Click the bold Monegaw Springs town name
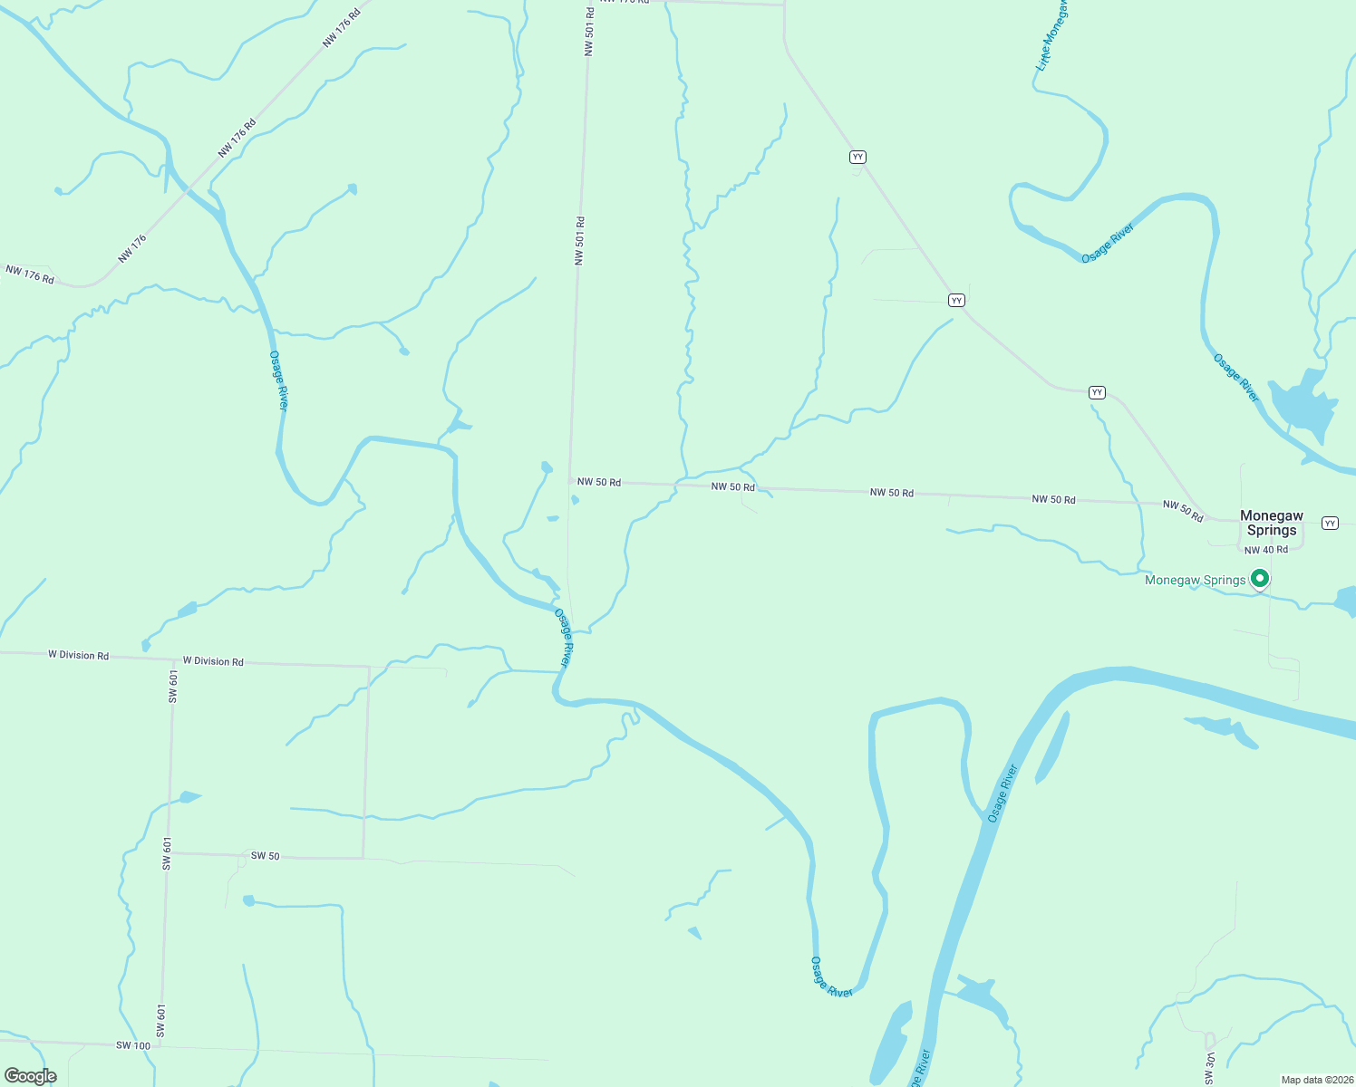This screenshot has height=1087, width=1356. (1271, 523)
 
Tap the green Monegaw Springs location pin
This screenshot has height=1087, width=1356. (1259, 578)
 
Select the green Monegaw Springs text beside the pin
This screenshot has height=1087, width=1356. (1195, 581)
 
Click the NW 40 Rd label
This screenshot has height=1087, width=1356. (1265, 550)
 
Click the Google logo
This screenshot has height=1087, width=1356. (30, 1076)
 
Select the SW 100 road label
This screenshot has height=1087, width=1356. (133, 1045)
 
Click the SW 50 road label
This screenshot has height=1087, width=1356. (265, 856)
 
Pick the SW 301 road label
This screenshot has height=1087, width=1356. (1210, 1069)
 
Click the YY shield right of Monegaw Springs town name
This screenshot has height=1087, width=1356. (1330, 524)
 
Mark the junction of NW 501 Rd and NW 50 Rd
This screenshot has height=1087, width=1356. (570, 481)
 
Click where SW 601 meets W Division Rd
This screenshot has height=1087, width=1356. (173, 659)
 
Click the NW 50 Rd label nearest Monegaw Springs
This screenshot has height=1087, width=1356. (1183, 510)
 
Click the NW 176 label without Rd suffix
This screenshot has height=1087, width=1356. (131, 249)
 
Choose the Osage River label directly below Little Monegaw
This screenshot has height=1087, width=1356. (1108, 244)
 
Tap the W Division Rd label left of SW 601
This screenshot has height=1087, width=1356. (78, 655)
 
